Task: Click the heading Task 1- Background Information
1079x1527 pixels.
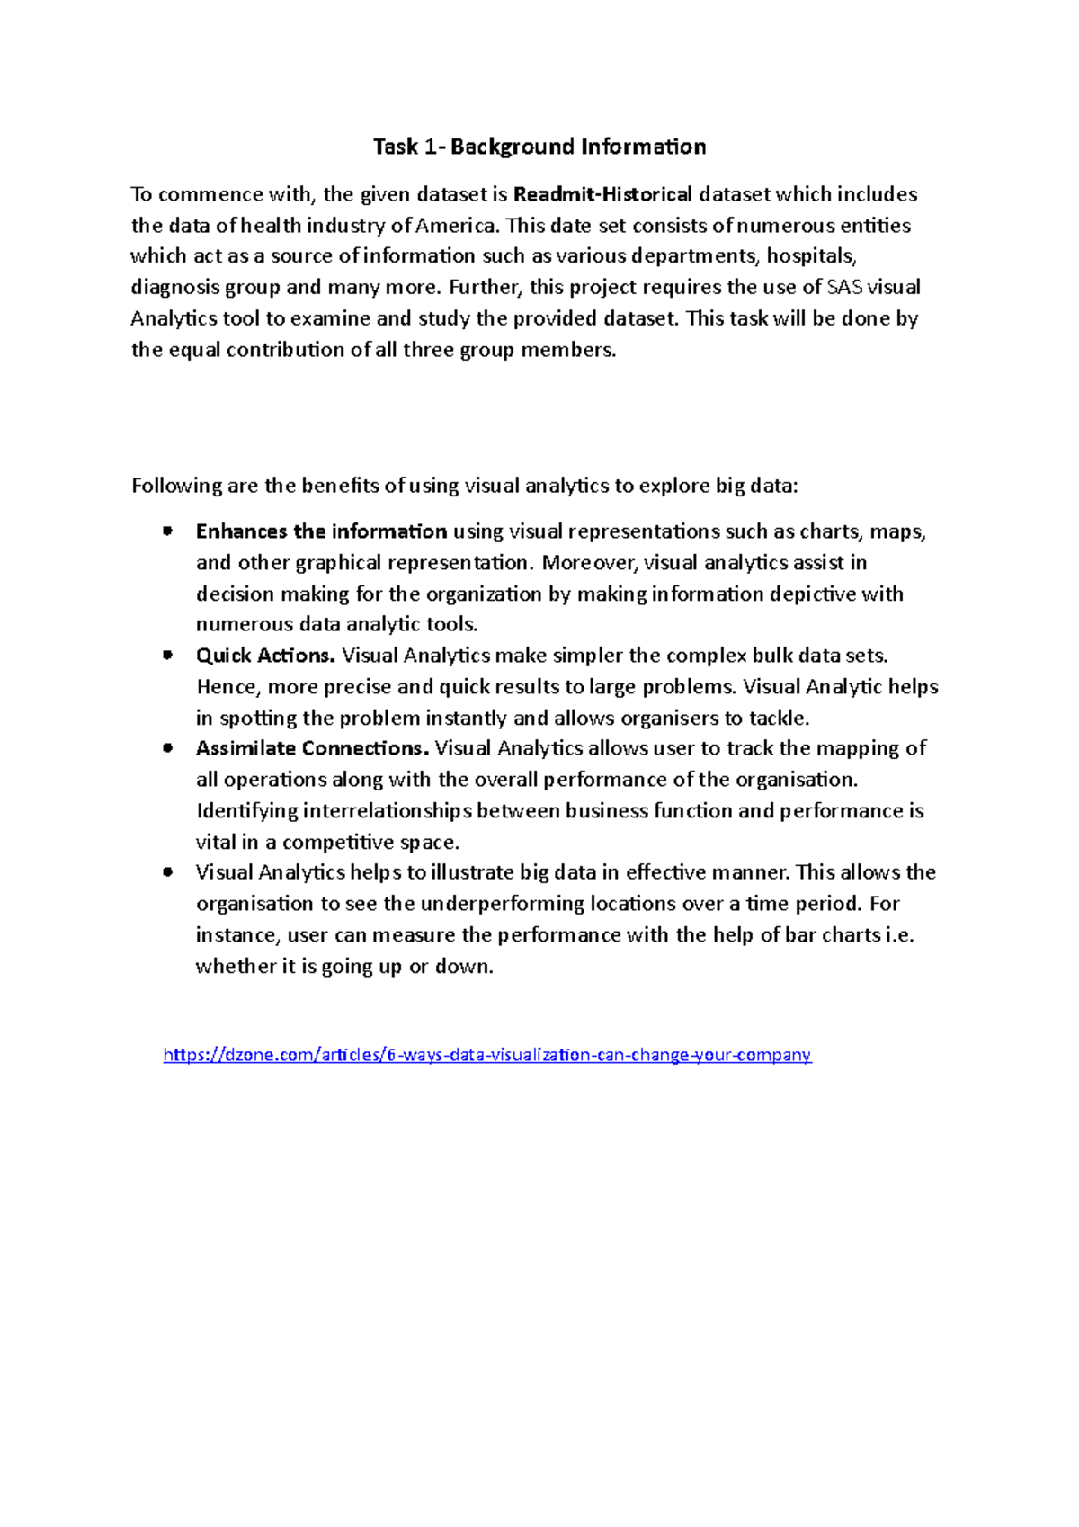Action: coord(539,147)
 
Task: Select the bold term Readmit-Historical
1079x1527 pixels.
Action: coord(602,194)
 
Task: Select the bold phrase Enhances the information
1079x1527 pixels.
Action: coord(321,531)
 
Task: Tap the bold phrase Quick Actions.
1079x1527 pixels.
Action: coord(265,656)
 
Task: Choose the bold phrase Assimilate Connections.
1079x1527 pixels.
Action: coord(312,748)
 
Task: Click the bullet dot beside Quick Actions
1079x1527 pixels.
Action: coord(167,656)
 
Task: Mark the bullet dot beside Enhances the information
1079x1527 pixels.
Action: coord(167,531)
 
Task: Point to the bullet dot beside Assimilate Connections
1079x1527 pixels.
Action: coord(167,748)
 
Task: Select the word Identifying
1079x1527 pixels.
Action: coord(246,811)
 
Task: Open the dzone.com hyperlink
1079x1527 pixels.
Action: coord(486,1055)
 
